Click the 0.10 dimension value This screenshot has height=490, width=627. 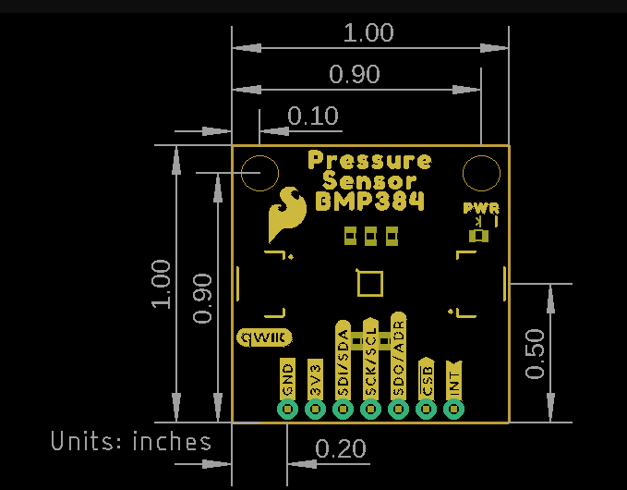pos(313,116)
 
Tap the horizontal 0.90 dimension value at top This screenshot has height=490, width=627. pos(355,75)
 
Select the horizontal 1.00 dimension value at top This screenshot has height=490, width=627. pos(368,33)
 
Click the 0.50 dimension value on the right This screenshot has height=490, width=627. pos(536,353)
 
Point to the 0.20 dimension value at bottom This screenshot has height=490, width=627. pos(341,450)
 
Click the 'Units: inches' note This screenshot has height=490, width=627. pos(130,441)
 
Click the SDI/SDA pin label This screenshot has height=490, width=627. pos(343,361)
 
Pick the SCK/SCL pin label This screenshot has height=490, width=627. pos(370,359)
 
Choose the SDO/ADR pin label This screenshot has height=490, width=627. pos(399,357)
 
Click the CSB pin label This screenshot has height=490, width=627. pos(427,378)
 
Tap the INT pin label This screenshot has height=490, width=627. pos(454,379)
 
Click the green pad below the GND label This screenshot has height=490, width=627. pos(287,409)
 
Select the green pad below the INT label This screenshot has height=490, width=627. pos(454,409)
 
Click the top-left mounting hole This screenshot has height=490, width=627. pos(259,173)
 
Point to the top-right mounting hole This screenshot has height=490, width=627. pos(480,173)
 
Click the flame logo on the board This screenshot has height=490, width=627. pos(286,215)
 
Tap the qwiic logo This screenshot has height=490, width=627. pos(265,337)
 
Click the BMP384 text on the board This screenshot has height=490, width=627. pos(369,201)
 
